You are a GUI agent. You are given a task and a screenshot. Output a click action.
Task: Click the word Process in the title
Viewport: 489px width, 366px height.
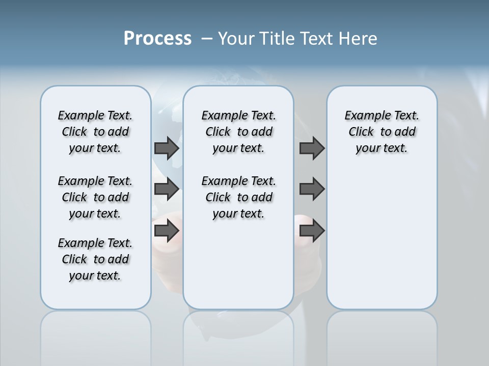tap(157, 39)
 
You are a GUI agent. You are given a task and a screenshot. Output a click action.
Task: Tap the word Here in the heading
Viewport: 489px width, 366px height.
tap(359, 39)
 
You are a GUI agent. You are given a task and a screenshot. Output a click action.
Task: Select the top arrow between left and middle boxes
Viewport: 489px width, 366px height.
tap(167, 148)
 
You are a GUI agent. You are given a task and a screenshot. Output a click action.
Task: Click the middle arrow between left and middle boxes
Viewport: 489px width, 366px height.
tap(167, 189)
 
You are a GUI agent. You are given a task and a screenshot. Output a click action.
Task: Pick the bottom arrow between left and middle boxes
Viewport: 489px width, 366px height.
tap(167, 231)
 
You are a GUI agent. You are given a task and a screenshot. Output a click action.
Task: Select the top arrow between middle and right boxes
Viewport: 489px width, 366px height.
tap(312, 148)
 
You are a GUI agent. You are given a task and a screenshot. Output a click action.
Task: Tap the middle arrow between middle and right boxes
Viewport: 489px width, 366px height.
tap(312, 189)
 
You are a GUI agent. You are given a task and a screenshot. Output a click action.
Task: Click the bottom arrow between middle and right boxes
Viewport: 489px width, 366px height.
tap(312, 231)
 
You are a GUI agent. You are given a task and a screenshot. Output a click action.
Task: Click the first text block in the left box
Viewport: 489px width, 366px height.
tap(95, 132)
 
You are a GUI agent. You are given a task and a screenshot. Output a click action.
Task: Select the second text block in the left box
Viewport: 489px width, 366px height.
tap(95, 197)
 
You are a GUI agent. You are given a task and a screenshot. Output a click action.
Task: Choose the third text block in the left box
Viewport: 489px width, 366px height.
tap(95, 259)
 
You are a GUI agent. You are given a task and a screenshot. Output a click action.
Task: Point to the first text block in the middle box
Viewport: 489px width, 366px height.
tap(239, 132)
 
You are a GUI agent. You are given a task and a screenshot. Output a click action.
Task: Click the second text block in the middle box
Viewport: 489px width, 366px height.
tap(239, 197)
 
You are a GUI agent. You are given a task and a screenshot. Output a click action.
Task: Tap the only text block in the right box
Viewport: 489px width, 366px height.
tap(382, 132)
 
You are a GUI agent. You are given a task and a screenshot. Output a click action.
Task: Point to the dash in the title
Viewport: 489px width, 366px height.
tap(206, 39)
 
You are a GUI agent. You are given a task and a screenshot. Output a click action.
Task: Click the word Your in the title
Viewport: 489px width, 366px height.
tap(236, 39)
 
